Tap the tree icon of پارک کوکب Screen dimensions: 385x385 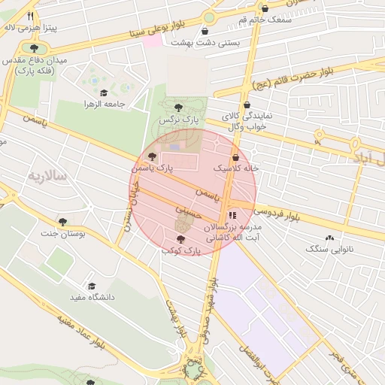pos(179,239)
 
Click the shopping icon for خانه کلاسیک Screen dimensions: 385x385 pos(236,158)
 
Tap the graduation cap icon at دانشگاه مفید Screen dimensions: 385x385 pos(92,286)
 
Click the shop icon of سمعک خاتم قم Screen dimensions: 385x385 pos(264,8)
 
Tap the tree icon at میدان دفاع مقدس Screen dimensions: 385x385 pos(34,48)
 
